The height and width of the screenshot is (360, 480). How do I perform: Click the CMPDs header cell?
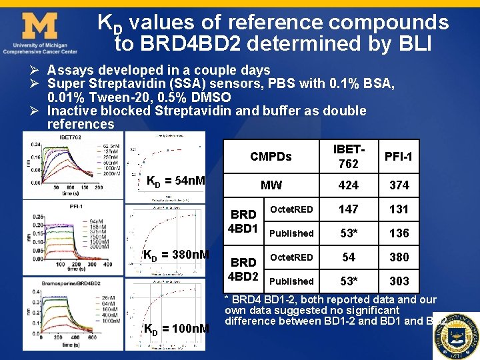point(271,157)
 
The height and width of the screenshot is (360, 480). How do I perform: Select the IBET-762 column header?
point(348,157)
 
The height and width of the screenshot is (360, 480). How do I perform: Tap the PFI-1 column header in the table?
point(399,157)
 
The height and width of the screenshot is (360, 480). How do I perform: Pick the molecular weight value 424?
point(348,185)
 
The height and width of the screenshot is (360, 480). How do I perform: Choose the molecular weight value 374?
point(399,185)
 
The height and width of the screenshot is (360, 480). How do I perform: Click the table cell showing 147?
point(348,209)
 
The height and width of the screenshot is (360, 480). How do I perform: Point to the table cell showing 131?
point(399,209)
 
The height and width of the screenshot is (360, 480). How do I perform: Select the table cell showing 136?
point(399,233)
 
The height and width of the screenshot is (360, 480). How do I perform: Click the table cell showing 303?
point(399,281)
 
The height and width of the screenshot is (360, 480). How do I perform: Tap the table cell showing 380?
point(399,257)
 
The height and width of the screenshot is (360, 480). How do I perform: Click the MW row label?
point(271,185)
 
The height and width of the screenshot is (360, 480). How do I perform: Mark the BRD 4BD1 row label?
point(243,221)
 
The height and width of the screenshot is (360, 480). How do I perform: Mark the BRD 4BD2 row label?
point(243,269)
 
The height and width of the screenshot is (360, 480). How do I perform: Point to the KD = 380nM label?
point(177,255)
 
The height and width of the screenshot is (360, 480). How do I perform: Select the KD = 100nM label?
point(177,329)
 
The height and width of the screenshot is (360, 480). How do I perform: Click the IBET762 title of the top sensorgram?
point(70,137)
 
